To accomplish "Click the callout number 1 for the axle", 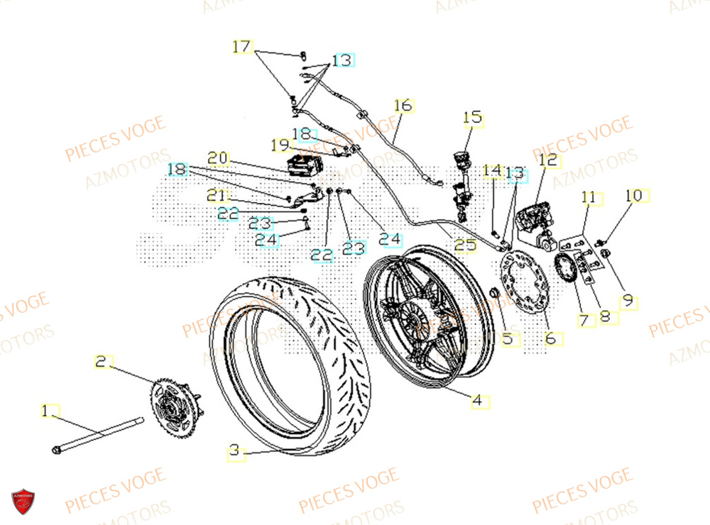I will pyautogui.click(x=48, y=411).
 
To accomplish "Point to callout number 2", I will pyautogui.click(x=102, y=362).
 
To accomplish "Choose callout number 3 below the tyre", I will pyautogui.click(x=235, y=450).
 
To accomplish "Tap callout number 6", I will pyautogui.click(x=550, y=339).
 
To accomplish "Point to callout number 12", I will pyautogui.click(x=548, y=160).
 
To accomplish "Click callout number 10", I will pyautogui.click(x=634, y=195).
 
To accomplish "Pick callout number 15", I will pyautogui.click(x=472, y=117).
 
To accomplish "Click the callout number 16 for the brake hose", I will pyautogui.click(x=403, y=106).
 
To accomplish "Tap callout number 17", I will pyautogui.click(x=242, y=47).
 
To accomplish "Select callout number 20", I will pyautogui.click(x=217, y=157).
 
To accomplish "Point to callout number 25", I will pyautogui.click(x=466, y=245).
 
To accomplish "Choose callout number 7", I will pyautogui.click(x=584, y=321).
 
